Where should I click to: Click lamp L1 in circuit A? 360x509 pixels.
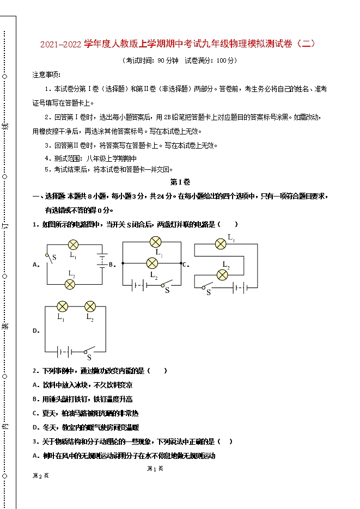tap(73, 245)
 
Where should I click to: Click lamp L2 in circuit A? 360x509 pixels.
tap(70, 284)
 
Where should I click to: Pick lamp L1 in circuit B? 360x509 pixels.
tap(155, 242)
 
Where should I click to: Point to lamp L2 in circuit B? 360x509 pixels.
tap(152, 263)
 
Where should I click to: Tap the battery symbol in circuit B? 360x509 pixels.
tap(139, 284)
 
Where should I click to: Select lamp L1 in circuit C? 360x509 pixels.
tap(221, 243)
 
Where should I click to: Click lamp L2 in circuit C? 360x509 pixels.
tap(222, 275)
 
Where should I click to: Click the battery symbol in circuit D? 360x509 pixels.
tap(63, 351)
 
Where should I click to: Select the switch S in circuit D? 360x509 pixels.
tap(89, 351)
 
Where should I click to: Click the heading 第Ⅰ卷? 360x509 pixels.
tap(180, 182)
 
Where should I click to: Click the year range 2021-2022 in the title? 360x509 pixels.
tap(61, 44)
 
